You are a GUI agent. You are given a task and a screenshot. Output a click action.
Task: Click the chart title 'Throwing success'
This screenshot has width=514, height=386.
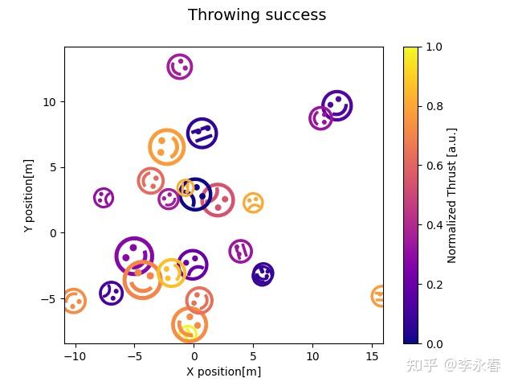(257, 15)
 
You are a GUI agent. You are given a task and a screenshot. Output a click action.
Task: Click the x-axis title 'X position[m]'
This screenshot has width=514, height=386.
(223, 372)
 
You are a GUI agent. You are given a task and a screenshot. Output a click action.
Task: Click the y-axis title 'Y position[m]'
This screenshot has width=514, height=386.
(29, 195)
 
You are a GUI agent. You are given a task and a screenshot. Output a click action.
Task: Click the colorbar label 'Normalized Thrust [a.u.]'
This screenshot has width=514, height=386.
(452, 195)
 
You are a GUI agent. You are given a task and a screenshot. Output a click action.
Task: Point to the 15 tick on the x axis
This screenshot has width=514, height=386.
(372, 345)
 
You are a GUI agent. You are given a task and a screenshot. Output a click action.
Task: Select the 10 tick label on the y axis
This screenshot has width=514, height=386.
(50, 102)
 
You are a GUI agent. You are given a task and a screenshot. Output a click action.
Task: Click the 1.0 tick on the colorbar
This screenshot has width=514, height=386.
(418, 47)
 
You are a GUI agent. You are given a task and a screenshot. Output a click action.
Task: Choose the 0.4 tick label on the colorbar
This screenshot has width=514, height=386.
(434, 225)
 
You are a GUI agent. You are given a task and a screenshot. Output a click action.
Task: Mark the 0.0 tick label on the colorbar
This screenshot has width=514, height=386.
(434, 343)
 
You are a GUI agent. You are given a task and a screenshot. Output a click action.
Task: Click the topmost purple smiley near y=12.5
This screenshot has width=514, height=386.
(180, 67)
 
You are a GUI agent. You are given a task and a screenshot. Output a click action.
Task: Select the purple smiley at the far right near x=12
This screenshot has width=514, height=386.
(337, 105)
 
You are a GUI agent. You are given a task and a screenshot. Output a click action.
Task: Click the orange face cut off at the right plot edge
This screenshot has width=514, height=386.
(378, 296)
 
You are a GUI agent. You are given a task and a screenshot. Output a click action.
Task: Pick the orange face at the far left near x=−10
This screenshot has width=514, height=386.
(74, 302)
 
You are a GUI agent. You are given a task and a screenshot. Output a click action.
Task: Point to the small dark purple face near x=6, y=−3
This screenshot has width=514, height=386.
(263, 274)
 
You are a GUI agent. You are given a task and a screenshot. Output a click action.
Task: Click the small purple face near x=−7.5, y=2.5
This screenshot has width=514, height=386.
(104, 198)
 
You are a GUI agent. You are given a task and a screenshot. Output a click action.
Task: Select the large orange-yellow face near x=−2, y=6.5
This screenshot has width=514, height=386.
(166, 147)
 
